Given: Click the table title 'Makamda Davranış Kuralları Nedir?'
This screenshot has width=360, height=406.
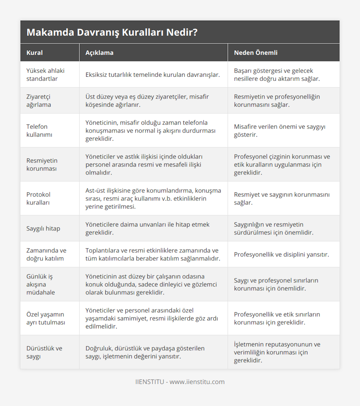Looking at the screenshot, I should tap(112, 32).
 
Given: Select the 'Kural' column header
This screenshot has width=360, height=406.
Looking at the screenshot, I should tap(34, 53).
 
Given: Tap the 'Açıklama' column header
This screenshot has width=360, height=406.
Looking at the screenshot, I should tap(99, 53).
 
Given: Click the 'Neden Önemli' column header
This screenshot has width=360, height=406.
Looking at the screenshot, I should tap(256, 53).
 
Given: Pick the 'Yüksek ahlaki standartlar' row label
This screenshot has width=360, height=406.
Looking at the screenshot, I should tap(45, 75).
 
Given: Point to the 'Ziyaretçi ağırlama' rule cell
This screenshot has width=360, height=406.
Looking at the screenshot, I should tap(39, 101).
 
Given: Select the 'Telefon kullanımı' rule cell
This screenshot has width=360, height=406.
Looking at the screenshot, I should tap(39, 131).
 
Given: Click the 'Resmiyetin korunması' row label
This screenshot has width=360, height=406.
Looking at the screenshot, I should tap(42, 164).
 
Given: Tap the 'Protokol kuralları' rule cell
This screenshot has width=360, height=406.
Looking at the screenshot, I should tap(38, 198).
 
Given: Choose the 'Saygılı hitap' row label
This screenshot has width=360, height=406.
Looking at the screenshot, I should tap(43, 229).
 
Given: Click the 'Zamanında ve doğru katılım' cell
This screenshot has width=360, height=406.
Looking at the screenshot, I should tap(46, 254).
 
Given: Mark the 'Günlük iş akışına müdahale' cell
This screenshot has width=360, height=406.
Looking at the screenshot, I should tap(41, 284).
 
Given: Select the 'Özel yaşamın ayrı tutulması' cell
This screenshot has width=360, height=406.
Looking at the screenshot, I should tap(46, 318).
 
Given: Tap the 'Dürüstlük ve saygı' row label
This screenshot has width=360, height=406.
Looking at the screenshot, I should tap(44, 352).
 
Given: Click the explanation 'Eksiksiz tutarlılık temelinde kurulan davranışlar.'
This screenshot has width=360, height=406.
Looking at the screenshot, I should tap(152, 75).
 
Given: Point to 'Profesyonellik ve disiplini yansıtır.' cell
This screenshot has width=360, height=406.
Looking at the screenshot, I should tap(281, 254).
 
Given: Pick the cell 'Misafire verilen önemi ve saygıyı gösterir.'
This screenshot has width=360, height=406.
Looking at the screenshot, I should tap(280, 131).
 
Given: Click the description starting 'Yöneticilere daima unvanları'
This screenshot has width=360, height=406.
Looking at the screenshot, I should tap(147, 229).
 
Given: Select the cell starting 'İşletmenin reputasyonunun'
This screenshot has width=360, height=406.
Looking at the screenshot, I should tap(277, 352).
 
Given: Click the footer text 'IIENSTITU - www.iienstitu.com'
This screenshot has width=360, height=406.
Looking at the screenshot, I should tap(180, 382).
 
